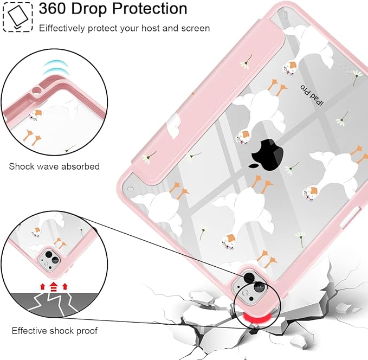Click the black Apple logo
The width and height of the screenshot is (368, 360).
tap(268, 155)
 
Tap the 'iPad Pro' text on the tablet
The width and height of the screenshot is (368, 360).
tap(312, 95)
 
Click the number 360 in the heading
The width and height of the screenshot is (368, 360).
tap(52, 9)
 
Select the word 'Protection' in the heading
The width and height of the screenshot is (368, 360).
tap(150, 9)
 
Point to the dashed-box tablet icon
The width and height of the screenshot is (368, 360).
tap(17, 17)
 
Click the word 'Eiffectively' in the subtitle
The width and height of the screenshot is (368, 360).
tap(62, 28)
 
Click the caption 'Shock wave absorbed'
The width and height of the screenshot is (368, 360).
tap(54, 166)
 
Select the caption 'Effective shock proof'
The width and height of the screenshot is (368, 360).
tap(54, 331)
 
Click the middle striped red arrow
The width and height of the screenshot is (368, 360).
tap(54, 287)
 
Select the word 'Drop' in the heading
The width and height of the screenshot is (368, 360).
tap(89, 9)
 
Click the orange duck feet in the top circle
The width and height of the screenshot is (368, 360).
tap(33, 137)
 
